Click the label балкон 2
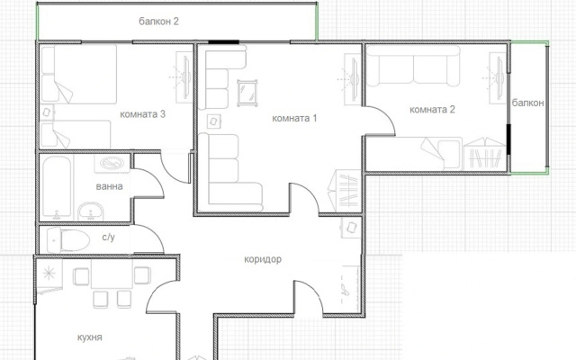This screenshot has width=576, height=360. point(158,22)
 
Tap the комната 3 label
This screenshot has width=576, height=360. point(142,114)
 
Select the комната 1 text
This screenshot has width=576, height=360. point(294,118)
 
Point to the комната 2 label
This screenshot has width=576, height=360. point(432,110)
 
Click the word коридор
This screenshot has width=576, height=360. point(263,259)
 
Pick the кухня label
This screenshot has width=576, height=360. point(90,337)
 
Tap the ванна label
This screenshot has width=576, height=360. point(109,186)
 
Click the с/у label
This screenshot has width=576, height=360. point(108,238)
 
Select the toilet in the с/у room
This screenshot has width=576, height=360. point(68,240)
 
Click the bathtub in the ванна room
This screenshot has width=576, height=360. point(57,187)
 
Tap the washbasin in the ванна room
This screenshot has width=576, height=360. point(90,211)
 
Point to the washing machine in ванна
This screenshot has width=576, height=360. point(112,163)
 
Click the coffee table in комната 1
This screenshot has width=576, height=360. point(247,94)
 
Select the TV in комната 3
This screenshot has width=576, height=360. point(184,77)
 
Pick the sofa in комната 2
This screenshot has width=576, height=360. point(413,66)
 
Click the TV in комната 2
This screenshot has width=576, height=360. point(498,78)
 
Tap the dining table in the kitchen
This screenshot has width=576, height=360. point(112,274)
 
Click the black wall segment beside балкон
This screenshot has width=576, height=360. point(508,139)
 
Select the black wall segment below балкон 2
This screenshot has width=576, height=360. point(224,42)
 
